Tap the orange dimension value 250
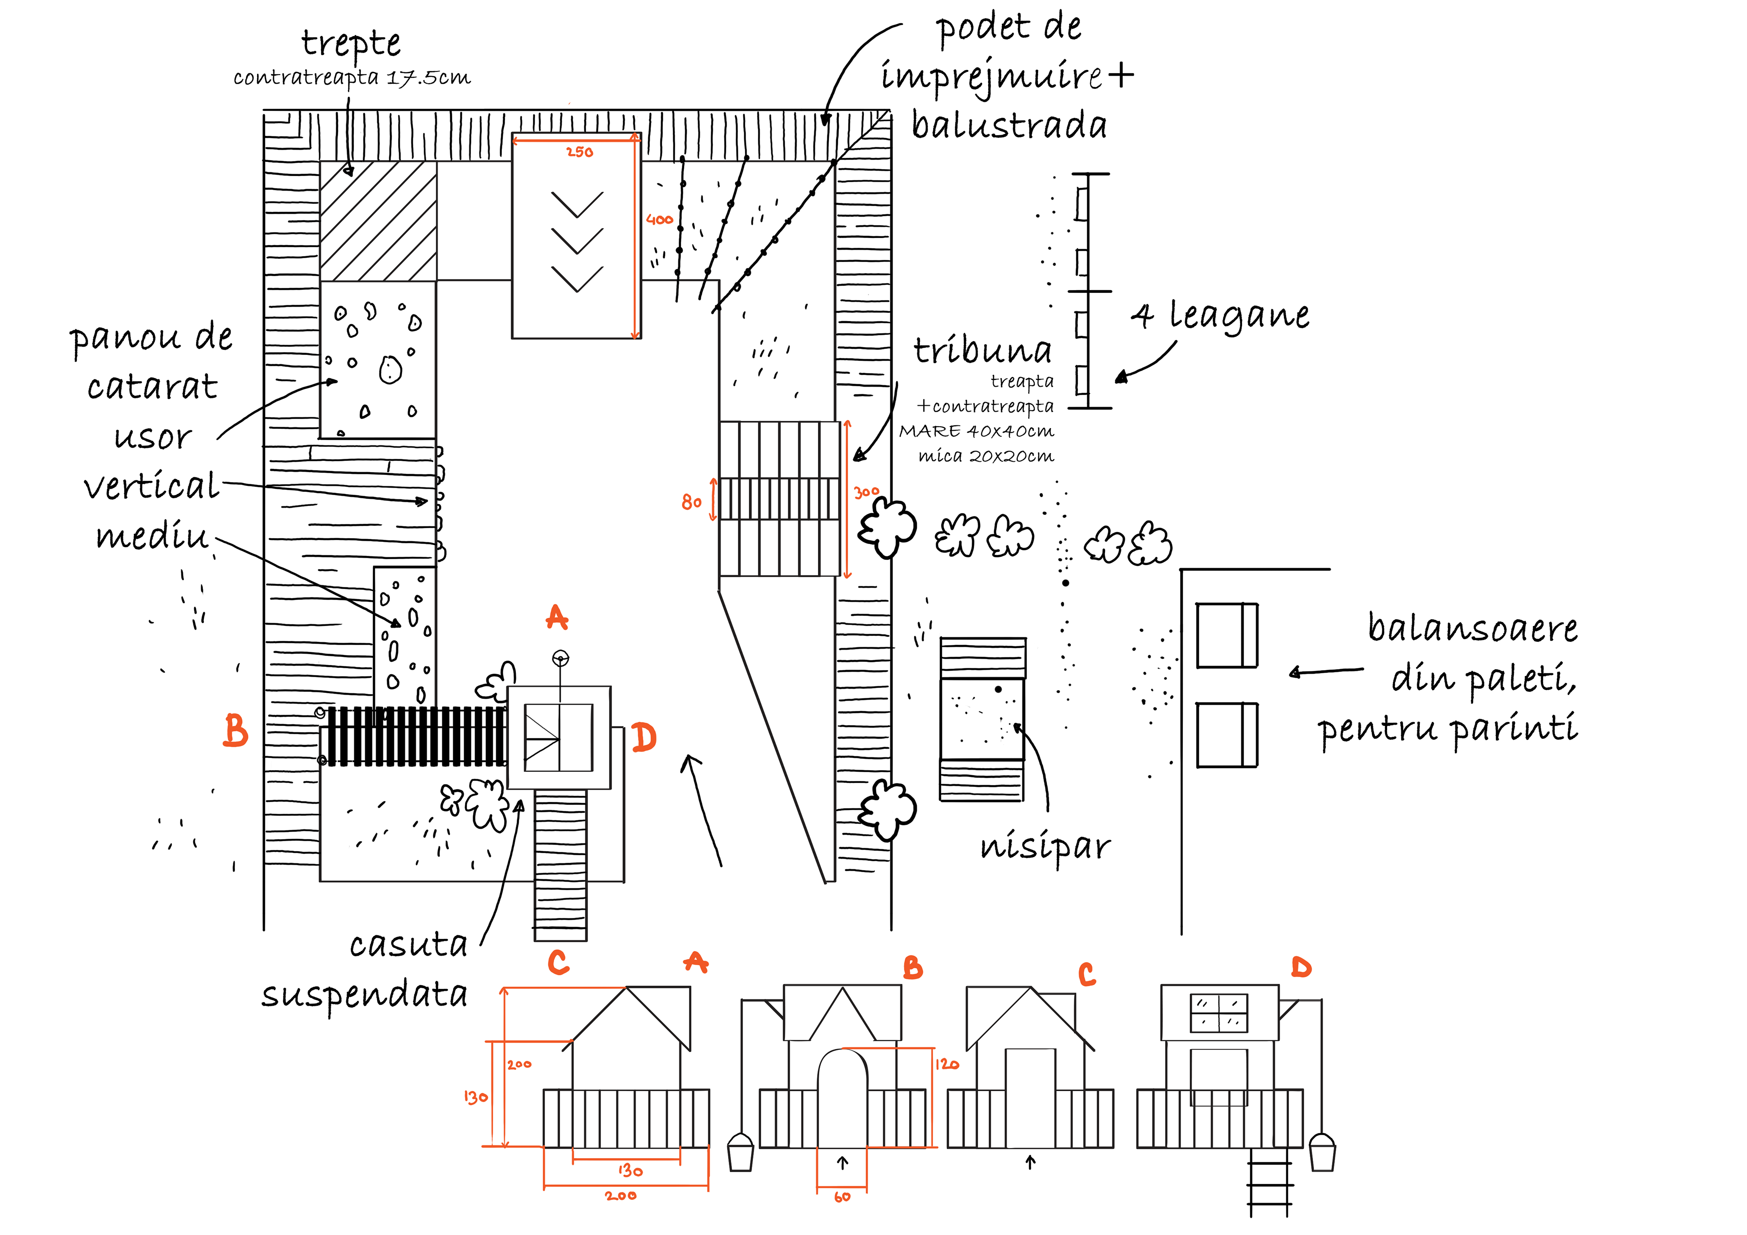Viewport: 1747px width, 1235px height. pyautogui.click(x=580, y=152)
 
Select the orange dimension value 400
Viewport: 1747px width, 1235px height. pyautogui.click(x=659, y=220)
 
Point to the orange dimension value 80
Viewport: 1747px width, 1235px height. pyautogui.click(x=691, y=502)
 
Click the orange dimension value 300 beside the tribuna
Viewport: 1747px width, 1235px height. pyautogui.click(x=866, y=492)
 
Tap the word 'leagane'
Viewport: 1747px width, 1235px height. pyautogui.click(x=1239, y=316)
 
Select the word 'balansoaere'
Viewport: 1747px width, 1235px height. pyautogui.click(x=1472, y=629)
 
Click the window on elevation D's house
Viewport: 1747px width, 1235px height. pyautogui.click(x=1219, y=1013)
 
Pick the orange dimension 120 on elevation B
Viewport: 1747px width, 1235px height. pyautogui.click(x=947, y=1064)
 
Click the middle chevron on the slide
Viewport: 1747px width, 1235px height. pyautogui.click(x=577, y=241)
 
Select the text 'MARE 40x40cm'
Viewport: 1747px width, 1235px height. pyautogui.click(x=976, y=431)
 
